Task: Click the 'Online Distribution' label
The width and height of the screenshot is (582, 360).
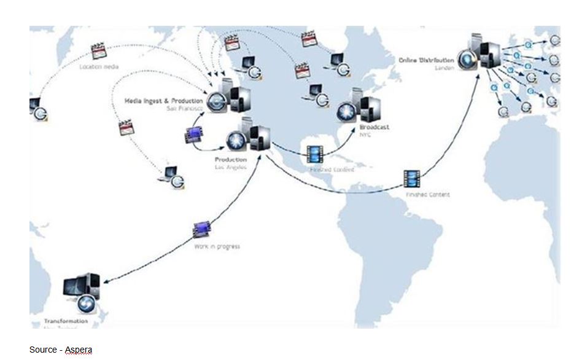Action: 427,61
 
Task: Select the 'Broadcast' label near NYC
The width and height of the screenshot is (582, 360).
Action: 374,127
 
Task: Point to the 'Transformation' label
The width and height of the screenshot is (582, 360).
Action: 66,321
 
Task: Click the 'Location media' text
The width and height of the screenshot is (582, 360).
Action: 99,66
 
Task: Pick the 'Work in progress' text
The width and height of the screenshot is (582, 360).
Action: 217,246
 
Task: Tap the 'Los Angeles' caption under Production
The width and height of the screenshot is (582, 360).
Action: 231,167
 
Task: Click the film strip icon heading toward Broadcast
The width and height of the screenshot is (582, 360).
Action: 314,154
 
